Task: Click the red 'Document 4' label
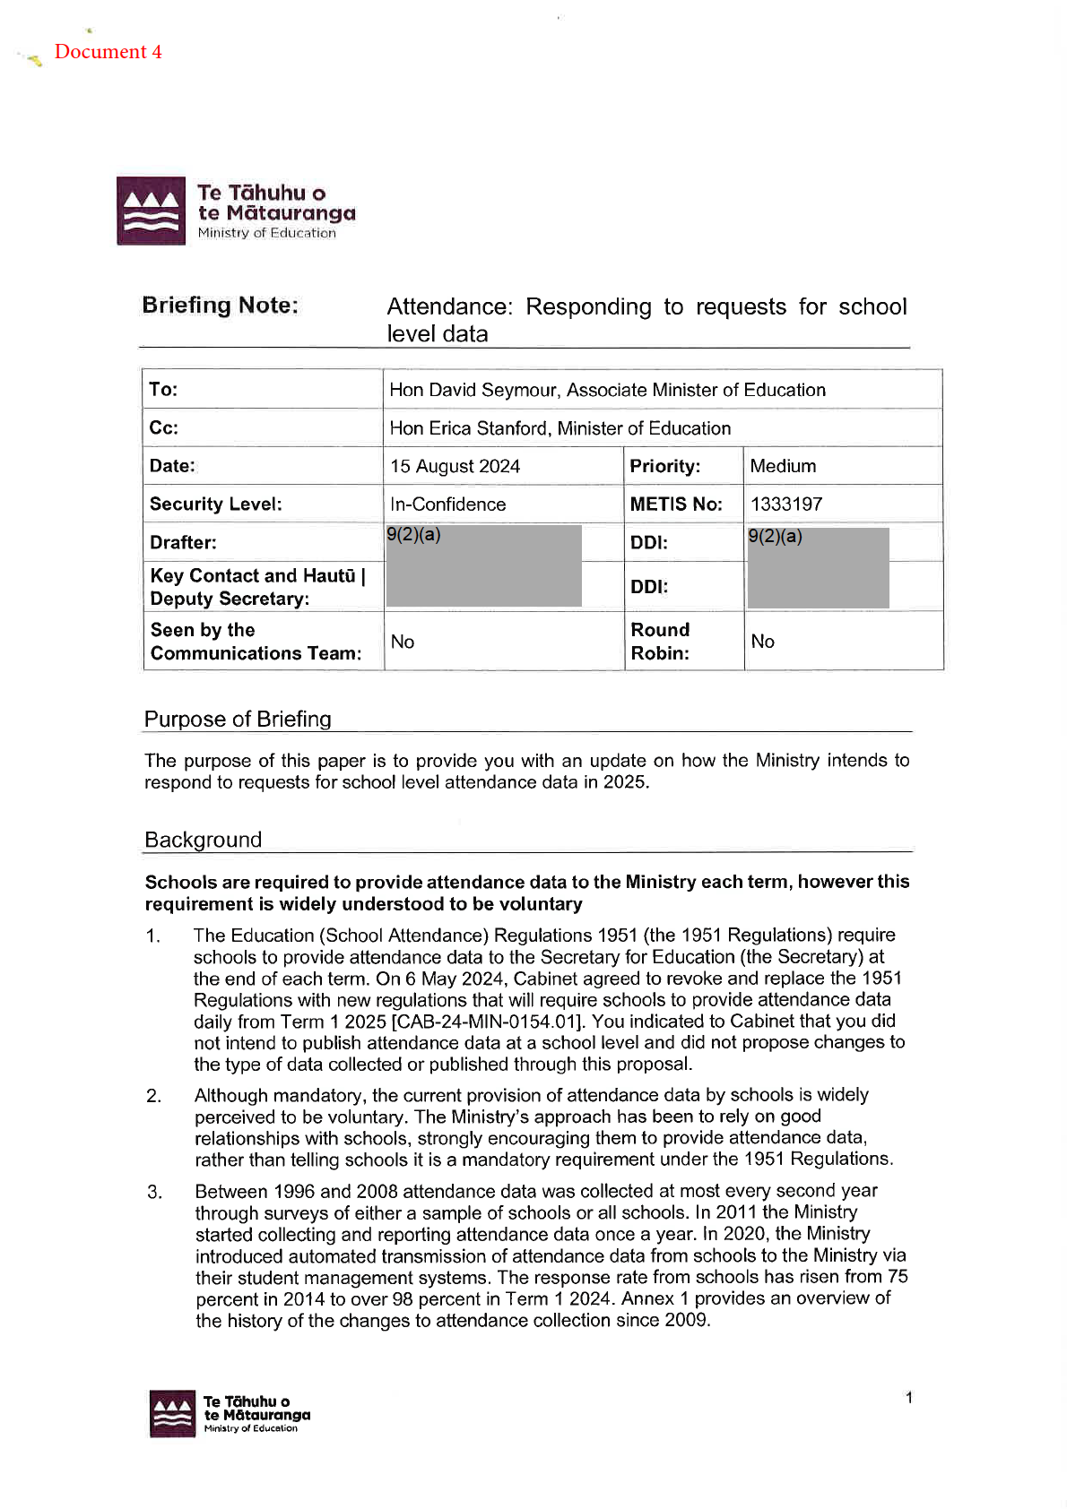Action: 108,52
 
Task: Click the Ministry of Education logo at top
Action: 236,211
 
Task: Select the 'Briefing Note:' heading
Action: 221,306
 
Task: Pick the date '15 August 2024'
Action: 455,467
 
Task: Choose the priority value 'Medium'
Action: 783,466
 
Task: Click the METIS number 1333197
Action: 786,504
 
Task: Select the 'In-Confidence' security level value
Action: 447,504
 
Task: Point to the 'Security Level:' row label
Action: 215,504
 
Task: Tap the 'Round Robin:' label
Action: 660,642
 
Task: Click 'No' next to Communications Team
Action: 403,642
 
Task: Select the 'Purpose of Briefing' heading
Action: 238,720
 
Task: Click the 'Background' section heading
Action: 203,841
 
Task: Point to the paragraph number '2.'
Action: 154,1096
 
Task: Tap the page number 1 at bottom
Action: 909,1398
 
